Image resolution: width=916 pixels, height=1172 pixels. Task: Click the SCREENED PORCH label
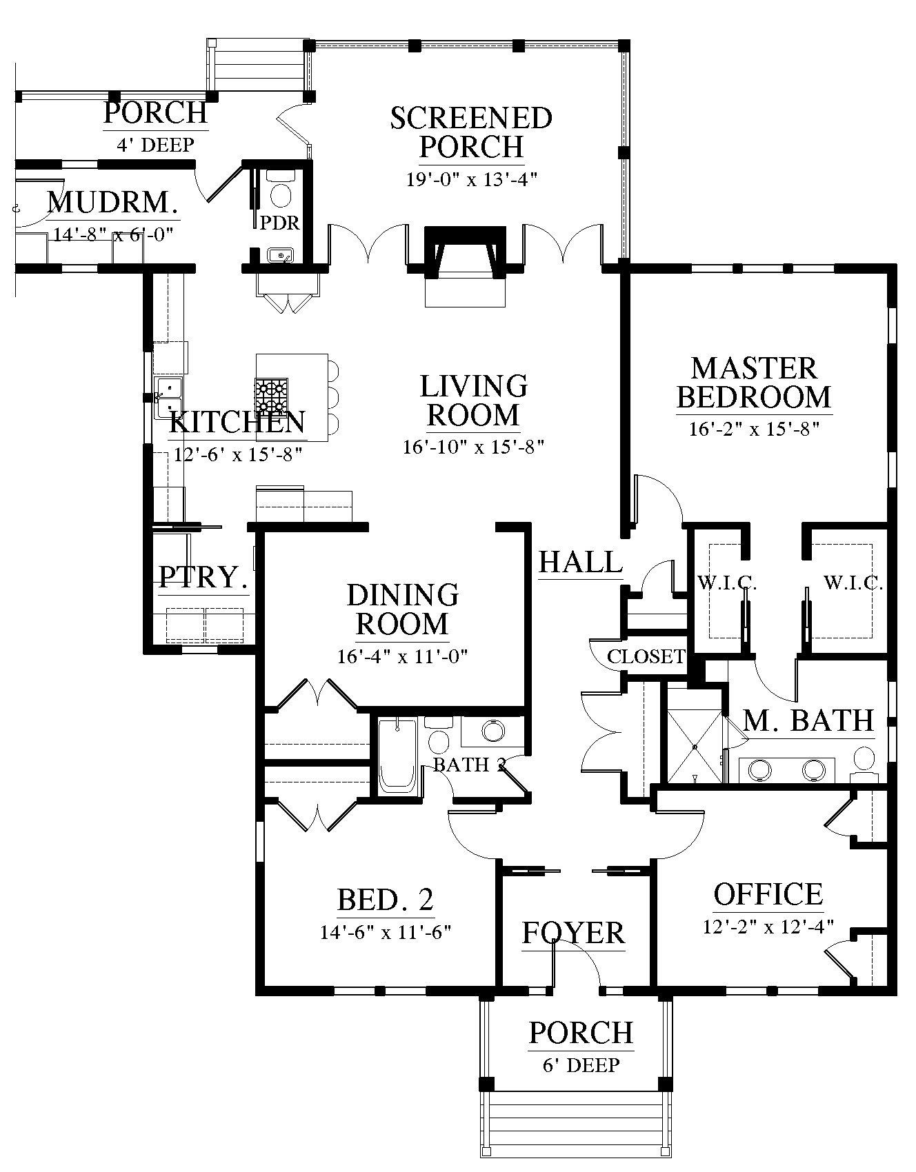(472, 132)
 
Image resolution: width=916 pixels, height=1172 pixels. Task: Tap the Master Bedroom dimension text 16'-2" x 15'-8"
(754, 430)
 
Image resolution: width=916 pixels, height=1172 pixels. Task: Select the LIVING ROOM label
(474, 401)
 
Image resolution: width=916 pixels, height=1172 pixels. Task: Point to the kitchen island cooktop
(272, 396)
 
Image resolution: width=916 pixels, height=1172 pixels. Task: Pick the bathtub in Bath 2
(398, 756)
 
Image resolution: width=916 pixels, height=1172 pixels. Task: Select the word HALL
(581, 562)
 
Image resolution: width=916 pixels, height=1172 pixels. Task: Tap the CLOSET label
(646, 656)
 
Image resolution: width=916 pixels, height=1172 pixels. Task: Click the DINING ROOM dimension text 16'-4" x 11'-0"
(403, 656)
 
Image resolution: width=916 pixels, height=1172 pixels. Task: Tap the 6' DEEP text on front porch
(581, 1065)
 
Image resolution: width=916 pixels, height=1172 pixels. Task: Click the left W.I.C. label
(727, 584)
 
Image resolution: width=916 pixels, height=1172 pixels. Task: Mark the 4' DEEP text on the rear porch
(155, 144)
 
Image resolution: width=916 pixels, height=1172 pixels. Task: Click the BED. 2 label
(386, 900)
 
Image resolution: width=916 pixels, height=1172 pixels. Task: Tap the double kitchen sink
(170, 397)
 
